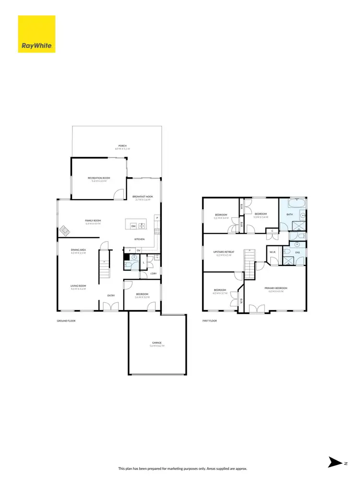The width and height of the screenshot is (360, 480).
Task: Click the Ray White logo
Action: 36,34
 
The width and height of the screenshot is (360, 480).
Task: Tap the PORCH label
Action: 117,146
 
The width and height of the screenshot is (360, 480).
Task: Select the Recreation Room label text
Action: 99,178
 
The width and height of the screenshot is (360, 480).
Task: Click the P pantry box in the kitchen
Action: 157,218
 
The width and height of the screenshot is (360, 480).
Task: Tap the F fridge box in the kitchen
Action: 130,250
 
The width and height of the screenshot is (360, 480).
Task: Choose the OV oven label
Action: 138,250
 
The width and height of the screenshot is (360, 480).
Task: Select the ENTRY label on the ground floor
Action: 111,295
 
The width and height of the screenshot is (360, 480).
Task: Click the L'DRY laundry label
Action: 154,274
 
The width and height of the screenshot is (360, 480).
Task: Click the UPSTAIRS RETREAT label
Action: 224,252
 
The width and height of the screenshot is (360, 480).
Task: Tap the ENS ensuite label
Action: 298,252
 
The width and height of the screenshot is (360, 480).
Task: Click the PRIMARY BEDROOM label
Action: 276,288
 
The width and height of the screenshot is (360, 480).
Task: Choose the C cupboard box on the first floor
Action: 272,231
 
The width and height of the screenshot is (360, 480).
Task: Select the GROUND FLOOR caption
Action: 66,321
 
